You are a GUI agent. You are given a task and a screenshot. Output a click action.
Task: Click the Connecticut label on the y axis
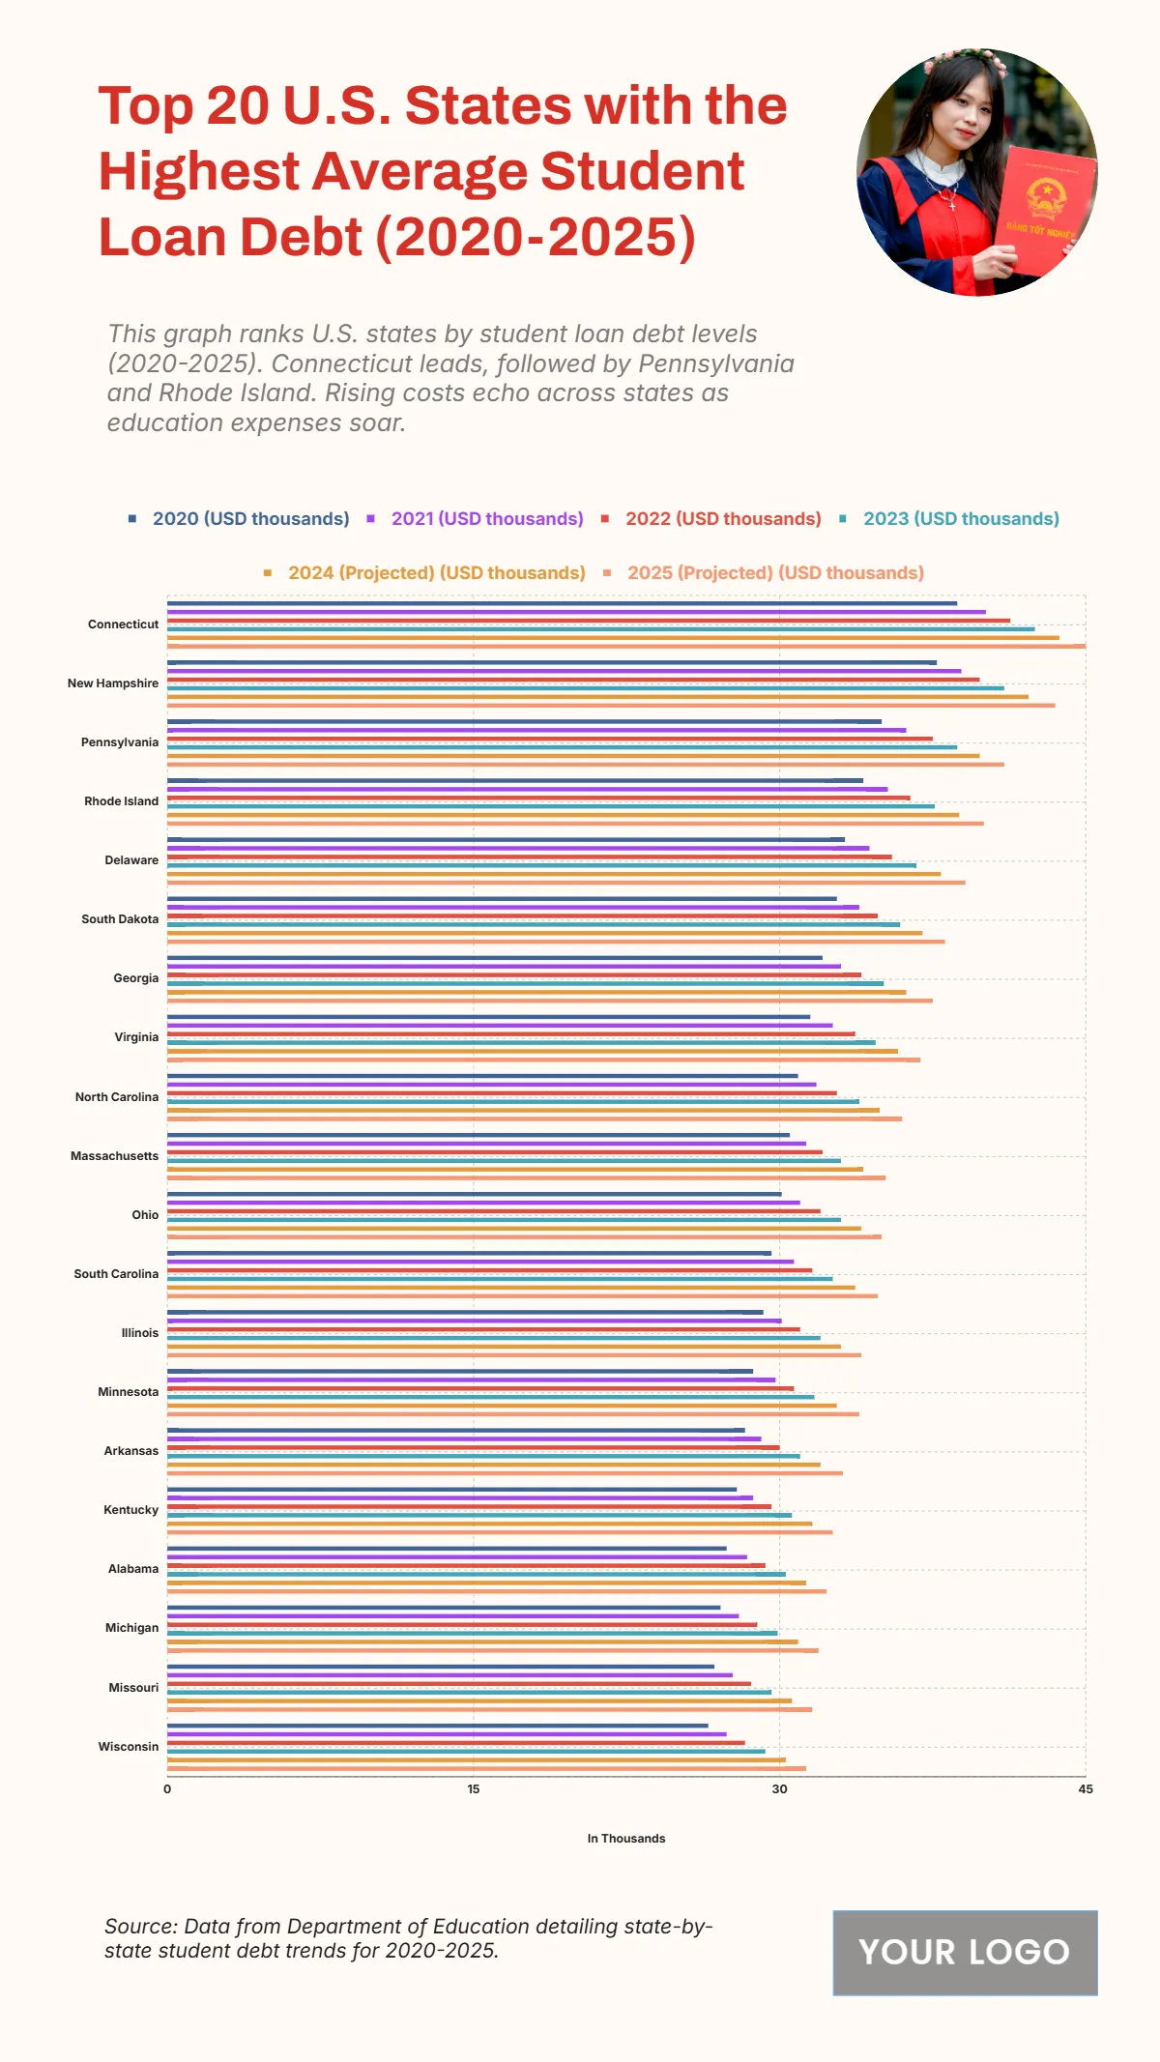123,624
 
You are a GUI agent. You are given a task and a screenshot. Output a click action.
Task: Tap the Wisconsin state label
128,1747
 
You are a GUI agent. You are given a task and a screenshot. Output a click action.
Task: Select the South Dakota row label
120,919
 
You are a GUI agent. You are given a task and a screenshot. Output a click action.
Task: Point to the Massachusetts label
114,1156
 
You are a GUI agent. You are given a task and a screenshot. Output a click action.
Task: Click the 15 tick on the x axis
474,1789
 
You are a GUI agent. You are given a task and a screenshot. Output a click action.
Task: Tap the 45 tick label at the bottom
1086,1789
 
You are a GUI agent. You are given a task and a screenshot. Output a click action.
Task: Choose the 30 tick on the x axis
779,1789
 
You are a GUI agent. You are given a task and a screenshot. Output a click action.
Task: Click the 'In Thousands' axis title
626,1839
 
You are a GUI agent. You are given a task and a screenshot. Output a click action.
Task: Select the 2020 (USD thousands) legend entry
250,519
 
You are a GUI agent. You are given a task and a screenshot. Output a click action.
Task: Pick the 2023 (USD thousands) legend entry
961,519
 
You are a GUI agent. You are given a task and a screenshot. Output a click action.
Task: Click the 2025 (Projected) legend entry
775,573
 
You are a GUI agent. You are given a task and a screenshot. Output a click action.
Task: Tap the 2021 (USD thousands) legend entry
487,519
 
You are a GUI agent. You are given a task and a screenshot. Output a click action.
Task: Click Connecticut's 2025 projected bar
626,646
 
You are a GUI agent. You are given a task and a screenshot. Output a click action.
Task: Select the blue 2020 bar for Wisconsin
437,1726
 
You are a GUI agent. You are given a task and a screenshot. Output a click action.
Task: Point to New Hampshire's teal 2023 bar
586,688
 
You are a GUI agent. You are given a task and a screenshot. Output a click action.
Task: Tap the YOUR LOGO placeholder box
965,1953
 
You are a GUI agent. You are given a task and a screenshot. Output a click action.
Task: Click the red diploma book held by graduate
1044,208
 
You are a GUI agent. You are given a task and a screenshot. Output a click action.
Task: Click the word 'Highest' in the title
197,172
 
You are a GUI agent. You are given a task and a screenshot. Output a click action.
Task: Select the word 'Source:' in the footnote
140,1927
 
